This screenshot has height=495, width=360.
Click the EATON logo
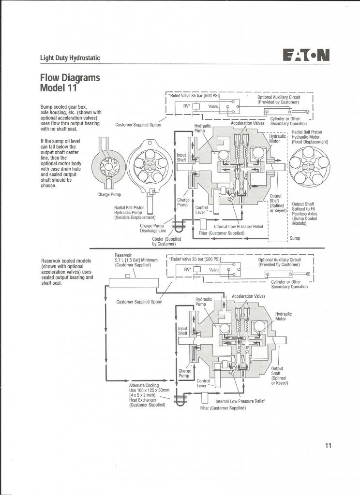coord(306,55)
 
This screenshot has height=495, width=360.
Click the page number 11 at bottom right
coord(328,445)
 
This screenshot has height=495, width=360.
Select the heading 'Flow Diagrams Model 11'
coord(70,82)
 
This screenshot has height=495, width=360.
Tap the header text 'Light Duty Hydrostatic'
coord(70,58)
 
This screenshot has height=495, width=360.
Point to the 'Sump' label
coord(295,238)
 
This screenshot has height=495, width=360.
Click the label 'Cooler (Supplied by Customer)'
coord(166,242)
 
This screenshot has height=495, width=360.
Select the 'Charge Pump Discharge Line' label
coord(152,228)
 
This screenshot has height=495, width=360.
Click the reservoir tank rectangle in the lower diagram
coord(134,283)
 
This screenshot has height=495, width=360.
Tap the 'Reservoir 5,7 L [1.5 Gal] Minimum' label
coord(136,260)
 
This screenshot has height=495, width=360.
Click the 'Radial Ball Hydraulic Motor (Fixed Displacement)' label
coord(310,137)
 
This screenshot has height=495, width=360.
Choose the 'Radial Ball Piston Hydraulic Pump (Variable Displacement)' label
coord(135,213)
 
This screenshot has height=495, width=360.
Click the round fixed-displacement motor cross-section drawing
coord(309,167)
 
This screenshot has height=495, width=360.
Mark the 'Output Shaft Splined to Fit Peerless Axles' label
coord(304,214)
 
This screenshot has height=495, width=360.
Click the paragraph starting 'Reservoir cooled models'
coord(67,272)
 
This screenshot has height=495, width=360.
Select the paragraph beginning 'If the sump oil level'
coord(60,163)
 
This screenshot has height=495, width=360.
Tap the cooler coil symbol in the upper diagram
coord(179,226)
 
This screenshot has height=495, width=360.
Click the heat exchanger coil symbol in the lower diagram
coord(180,400)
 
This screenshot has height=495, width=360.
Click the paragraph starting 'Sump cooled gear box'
coord(71,118)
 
